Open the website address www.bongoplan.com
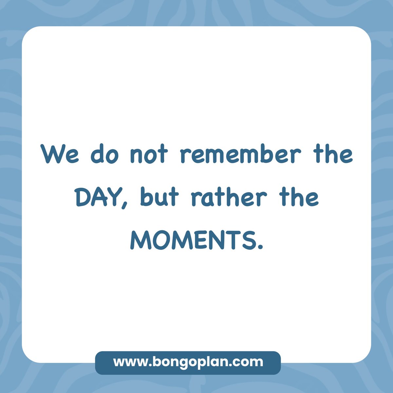click(x=188, y=362)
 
